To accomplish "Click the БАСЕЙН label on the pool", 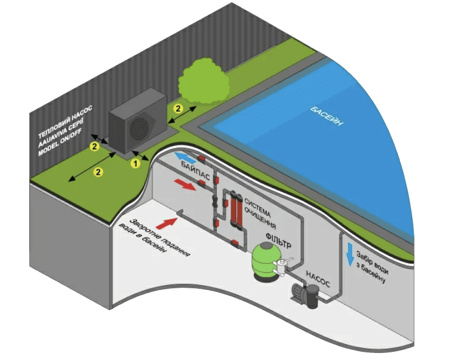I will point(327,118).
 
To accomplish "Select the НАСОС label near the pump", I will point(318,279).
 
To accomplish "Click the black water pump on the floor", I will point(306,294).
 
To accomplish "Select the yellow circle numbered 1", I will point(136,162).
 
